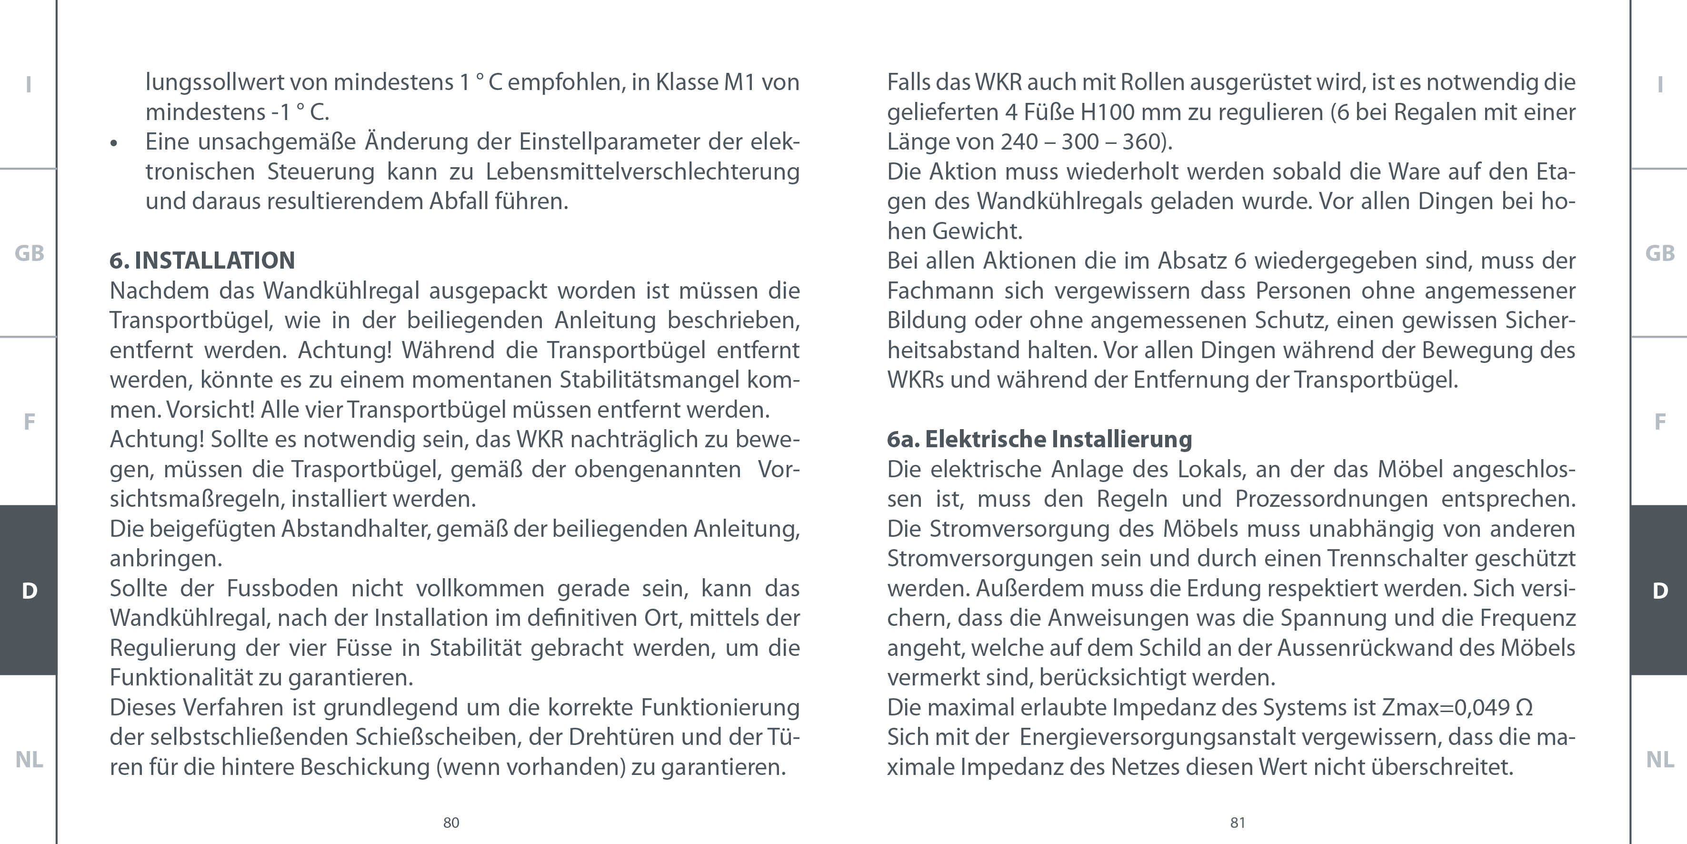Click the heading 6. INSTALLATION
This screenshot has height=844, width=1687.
tap(202, 261)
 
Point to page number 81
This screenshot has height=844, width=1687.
tap(1237, 823)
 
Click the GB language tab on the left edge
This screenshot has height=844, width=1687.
tap(29, 253)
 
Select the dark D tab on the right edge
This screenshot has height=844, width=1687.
tap(1659, 591)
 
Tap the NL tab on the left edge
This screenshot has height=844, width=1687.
tap(29, 760)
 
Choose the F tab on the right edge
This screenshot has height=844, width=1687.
tap(1659, 422)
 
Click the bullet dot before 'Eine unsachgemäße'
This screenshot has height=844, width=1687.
tap(114, 143)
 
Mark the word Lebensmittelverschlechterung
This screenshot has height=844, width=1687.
tap(642, 171)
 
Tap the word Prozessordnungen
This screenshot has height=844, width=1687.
tap(1331, 499)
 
